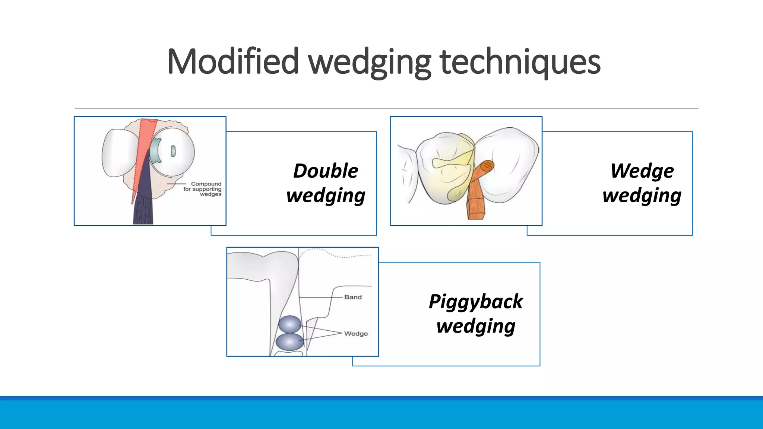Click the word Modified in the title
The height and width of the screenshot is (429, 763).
click(x=233, y=61)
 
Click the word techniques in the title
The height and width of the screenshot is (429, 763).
click(x=520, y=61)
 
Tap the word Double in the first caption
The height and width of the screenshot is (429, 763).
click(x=326, y=171)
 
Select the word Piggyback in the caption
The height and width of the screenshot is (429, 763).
click(x=476, y=301)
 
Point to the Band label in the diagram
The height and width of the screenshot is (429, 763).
click(x=353, y=297)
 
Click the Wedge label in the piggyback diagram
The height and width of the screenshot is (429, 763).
click(x=356, y=334)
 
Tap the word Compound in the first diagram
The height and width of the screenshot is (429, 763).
click(x=206, y=184)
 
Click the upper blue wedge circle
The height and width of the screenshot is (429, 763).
click(x=290, y=324)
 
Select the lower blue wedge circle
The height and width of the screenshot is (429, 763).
click(x=290, y=342)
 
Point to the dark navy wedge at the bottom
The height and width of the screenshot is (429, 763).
click(x=143, y=209)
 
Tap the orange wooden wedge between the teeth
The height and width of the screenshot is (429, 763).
click(x=476, y=197)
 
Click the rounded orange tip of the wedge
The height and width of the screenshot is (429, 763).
click(x=487, y=166)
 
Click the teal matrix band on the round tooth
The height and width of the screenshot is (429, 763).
click(x=155, y=150)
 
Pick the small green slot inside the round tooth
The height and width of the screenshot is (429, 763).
click(x=173, y=151)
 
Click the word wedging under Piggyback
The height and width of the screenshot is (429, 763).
click(x=476, y=326)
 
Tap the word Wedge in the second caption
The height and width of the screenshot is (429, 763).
click(x=642, y=171)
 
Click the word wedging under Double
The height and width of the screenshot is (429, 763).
click(x=326, y=196)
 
